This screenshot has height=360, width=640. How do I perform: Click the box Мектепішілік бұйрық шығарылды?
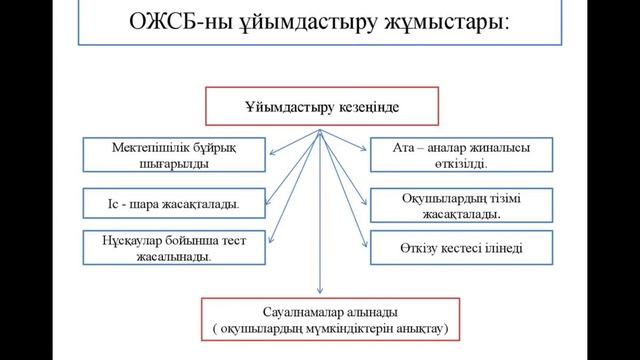point(176,153)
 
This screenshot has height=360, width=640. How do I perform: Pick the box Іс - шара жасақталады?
point(176,205)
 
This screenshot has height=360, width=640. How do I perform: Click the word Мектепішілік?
point(152,146)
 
